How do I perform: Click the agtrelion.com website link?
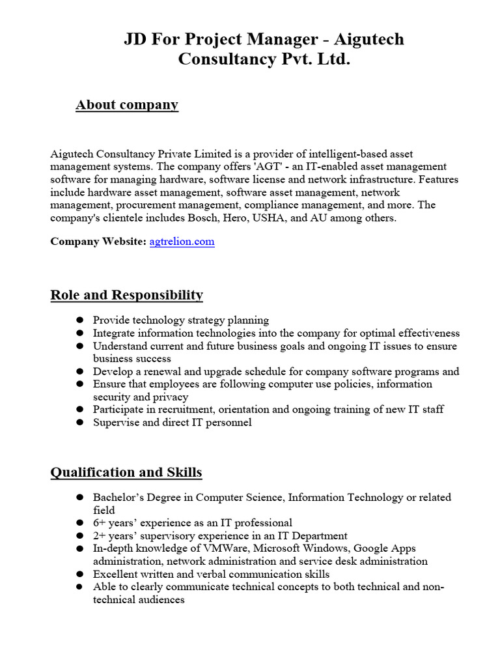tap(182, 242)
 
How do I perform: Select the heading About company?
tap(127, 105)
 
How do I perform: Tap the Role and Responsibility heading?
tap(126, 295)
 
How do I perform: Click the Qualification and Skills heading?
tap(126, 472)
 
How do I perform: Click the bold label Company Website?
tap(98, 242)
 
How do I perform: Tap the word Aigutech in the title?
tap(369, 40)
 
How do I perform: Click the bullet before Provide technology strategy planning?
tap(79, 320)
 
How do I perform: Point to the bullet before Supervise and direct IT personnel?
tap(79, 423)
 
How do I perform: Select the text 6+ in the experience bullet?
tap(100, 523)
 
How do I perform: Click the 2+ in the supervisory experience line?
tap(100, 536)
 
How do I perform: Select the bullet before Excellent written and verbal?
tap(79, 575)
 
